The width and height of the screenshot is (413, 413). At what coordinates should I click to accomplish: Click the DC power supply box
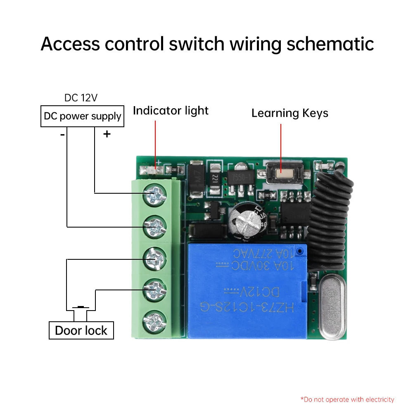82,116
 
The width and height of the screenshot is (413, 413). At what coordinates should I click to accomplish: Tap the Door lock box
81,330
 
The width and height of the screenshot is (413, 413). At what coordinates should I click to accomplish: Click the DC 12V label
81,98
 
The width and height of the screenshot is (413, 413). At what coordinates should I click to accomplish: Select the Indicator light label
171,111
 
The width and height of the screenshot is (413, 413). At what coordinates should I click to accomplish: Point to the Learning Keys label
290,113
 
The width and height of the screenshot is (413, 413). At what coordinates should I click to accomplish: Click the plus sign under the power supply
107,134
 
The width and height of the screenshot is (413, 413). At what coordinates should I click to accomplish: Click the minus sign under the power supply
62,134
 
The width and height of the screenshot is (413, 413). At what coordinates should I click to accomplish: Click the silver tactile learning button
280,172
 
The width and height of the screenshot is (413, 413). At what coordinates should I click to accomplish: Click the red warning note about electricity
347,399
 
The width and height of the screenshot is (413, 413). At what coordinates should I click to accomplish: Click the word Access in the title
71,44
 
